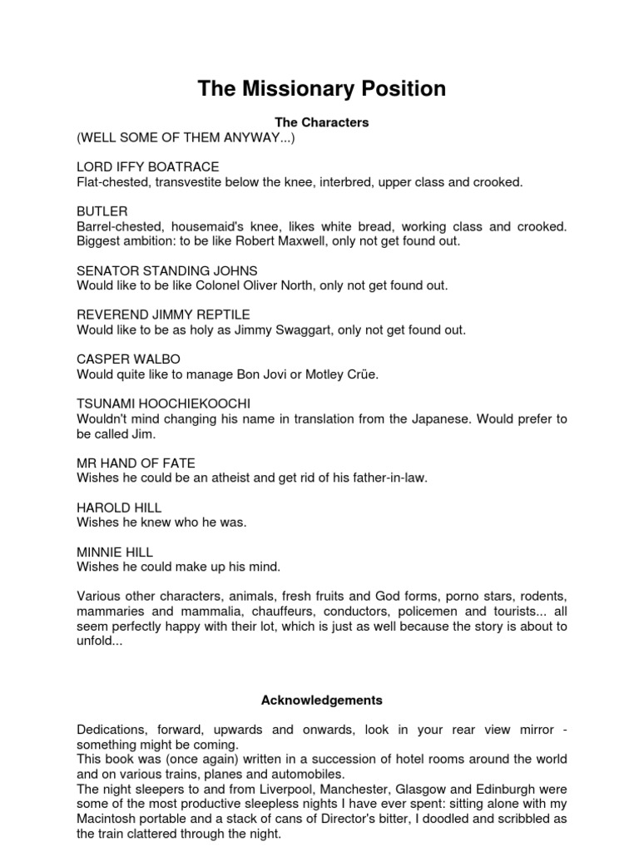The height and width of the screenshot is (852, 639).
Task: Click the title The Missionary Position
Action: coord(321,89)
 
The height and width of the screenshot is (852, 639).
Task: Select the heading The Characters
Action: coord(321,122)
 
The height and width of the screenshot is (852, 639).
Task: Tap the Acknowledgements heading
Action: coord(321,701)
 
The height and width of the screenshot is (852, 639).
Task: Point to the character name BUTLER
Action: coord(102,211)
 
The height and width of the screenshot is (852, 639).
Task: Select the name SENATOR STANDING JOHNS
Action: coord(167,270)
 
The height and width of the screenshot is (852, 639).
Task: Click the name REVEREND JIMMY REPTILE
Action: coord(163,315)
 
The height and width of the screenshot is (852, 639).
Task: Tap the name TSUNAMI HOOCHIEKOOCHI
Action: coord(163,404)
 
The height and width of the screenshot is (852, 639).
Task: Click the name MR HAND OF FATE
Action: coord(136,463)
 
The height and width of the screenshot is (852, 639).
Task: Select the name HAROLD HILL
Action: coord(119,508)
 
